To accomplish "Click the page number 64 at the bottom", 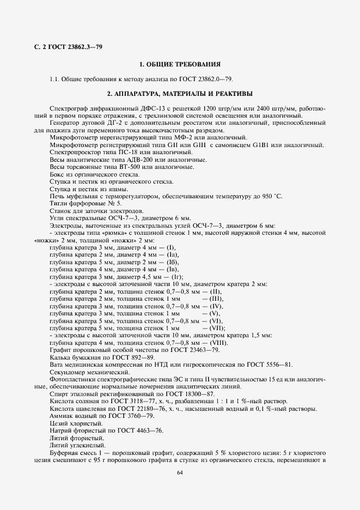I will [x=180, y=472].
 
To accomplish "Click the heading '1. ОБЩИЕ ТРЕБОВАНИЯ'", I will [x=180, y=64].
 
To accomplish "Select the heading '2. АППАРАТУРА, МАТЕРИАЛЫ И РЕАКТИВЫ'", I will [x=180, y=93].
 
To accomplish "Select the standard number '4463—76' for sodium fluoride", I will [x=148, y=429].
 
